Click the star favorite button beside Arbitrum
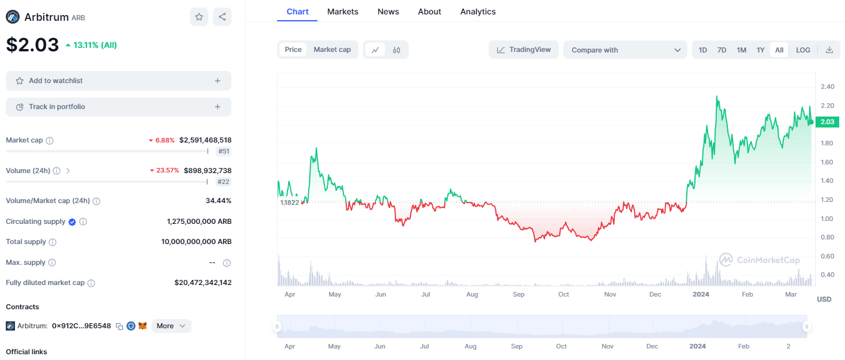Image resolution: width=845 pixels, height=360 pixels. click(199, 17)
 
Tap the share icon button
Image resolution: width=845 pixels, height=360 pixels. click(222, 17)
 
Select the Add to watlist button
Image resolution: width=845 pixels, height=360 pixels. click(118, 81)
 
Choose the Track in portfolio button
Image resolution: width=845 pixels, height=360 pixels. click(118, 107)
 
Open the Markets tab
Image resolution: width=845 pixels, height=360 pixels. click(342, 12)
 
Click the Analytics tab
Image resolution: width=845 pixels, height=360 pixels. click(477, 12)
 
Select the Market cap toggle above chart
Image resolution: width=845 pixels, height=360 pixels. click(332, 50)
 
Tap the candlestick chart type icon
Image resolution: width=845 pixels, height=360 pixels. click(397, 50)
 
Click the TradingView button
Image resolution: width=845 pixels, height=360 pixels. click(524, 50)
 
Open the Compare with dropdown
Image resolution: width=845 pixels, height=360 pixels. click(625, 50)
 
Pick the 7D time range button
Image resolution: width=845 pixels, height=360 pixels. click(721, 50)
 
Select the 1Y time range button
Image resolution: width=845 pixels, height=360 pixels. click(760, 50)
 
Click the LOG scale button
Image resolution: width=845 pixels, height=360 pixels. click(803, 50)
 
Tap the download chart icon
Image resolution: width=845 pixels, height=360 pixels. click(829, 50)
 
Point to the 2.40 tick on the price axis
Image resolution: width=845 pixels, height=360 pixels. click(827, 87)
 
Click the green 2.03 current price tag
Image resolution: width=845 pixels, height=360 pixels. click(827, 122)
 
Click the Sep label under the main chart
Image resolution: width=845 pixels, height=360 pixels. click(518, 294)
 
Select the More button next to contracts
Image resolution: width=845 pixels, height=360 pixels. click(171, 326)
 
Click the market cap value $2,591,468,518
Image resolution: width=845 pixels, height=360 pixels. click(205, 140)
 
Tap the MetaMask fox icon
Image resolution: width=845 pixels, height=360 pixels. click(143, 326)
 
